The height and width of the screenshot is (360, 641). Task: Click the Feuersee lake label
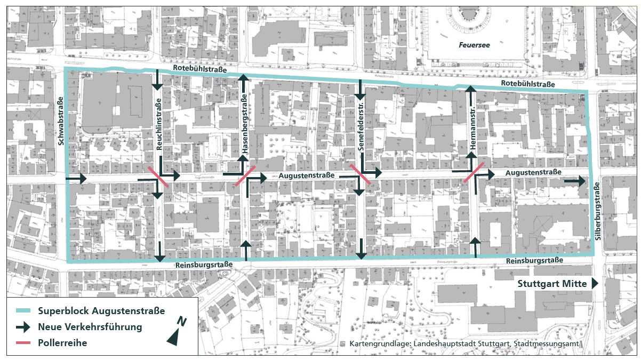pos(474,45)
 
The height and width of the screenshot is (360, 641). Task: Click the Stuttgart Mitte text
pos(552,284)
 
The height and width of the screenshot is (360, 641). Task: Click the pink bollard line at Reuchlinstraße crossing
pos(158,176)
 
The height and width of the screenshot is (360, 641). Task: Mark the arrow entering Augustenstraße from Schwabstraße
pos(76,179)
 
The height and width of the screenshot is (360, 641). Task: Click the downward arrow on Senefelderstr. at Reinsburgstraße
pos(361,249)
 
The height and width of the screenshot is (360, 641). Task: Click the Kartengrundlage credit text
pos(464,344)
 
